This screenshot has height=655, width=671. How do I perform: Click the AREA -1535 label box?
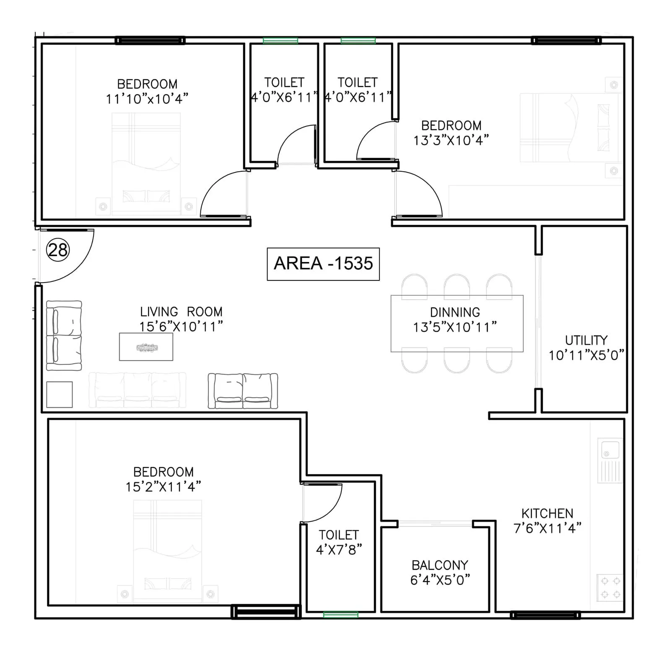coord(323,264)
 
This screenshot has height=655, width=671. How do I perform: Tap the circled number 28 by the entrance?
coord(58,250)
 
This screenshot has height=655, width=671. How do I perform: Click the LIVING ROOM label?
coord(181,312)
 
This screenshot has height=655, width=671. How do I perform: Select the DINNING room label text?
coord(455,312)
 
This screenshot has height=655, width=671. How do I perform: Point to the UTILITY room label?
coord(586,340)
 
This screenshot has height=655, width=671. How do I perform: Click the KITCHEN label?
coord(547,514)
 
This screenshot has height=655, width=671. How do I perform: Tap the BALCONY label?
coord(440,565)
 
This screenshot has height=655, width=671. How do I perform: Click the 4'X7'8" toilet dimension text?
coord(339,550)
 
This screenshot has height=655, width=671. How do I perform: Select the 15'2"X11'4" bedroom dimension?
coord(163,487)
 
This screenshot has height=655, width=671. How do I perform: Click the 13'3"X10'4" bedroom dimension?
coord(451,140)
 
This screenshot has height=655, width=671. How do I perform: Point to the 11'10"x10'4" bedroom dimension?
coord(147,99)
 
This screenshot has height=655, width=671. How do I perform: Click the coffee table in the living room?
coord(146,347)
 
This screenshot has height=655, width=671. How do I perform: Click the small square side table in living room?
coord(60,395)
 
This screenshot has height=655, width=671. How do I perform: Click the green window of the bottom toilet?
coord(341,615)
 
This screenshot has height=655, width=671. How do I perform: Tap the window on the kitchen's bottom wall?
coord(545,616)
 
